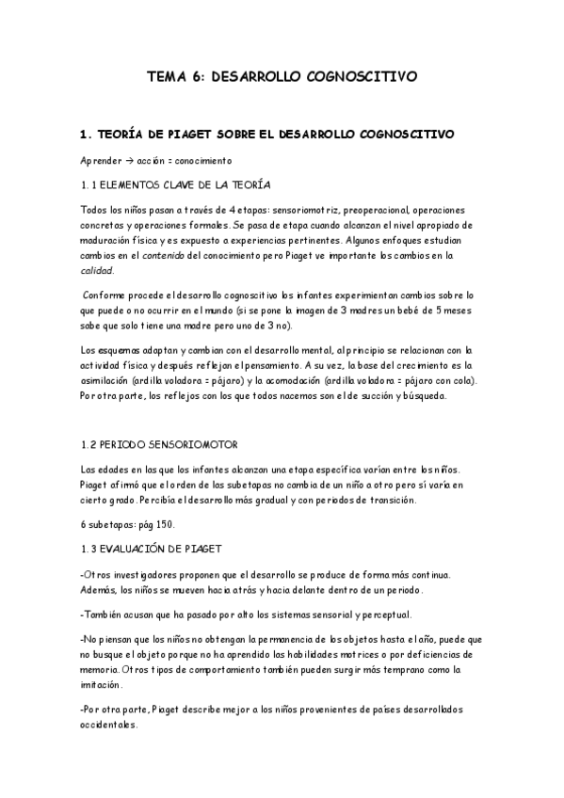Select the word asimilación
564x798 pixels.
coord(110,380)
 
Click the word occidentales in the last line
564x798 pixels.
coord(109,726)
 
